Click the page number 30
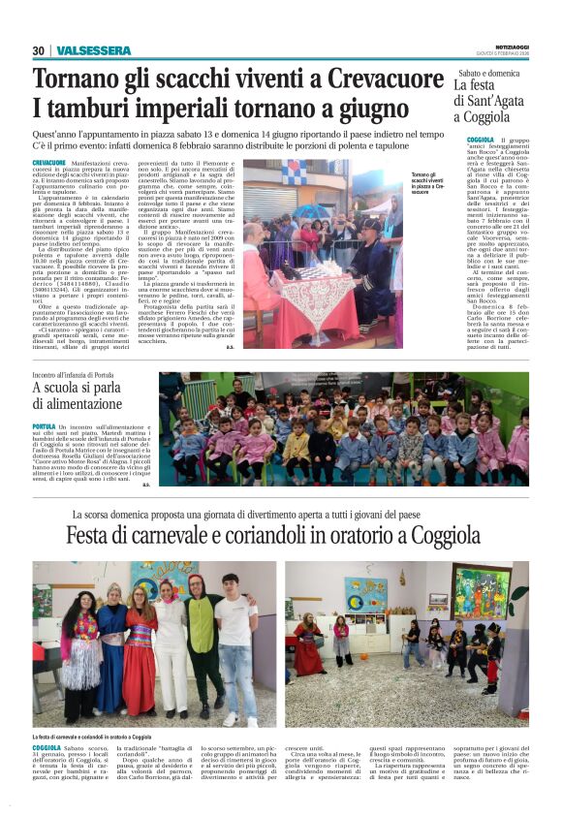pos(39,50)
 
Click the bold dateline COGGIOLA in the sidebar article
pos(480,141)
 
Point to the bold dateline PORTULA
pos(44,425)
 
